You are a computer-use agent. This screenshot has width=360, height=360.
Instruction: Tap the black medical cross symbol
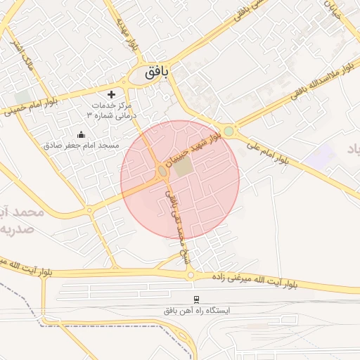tap(111, 94)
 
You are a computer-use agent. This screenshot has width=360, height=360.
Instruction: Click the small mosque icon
tap(81, 134)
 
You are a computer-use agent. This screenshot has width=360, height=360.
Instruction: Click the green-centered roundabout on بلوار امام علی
tap(229, 131)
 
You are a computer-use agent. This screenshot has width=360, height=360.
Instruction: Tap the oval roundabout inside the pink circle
tap(162, 172)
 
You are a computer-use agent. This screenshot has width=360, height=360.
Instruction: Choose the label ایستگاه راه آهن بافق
tap(197, 310)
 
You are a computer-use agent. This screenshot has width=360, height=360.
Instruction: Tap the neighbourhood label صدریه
tap(15, 231)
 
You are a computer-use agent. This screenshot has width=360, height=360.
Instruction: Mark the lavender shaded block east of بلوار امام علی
tap(321, 156)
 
